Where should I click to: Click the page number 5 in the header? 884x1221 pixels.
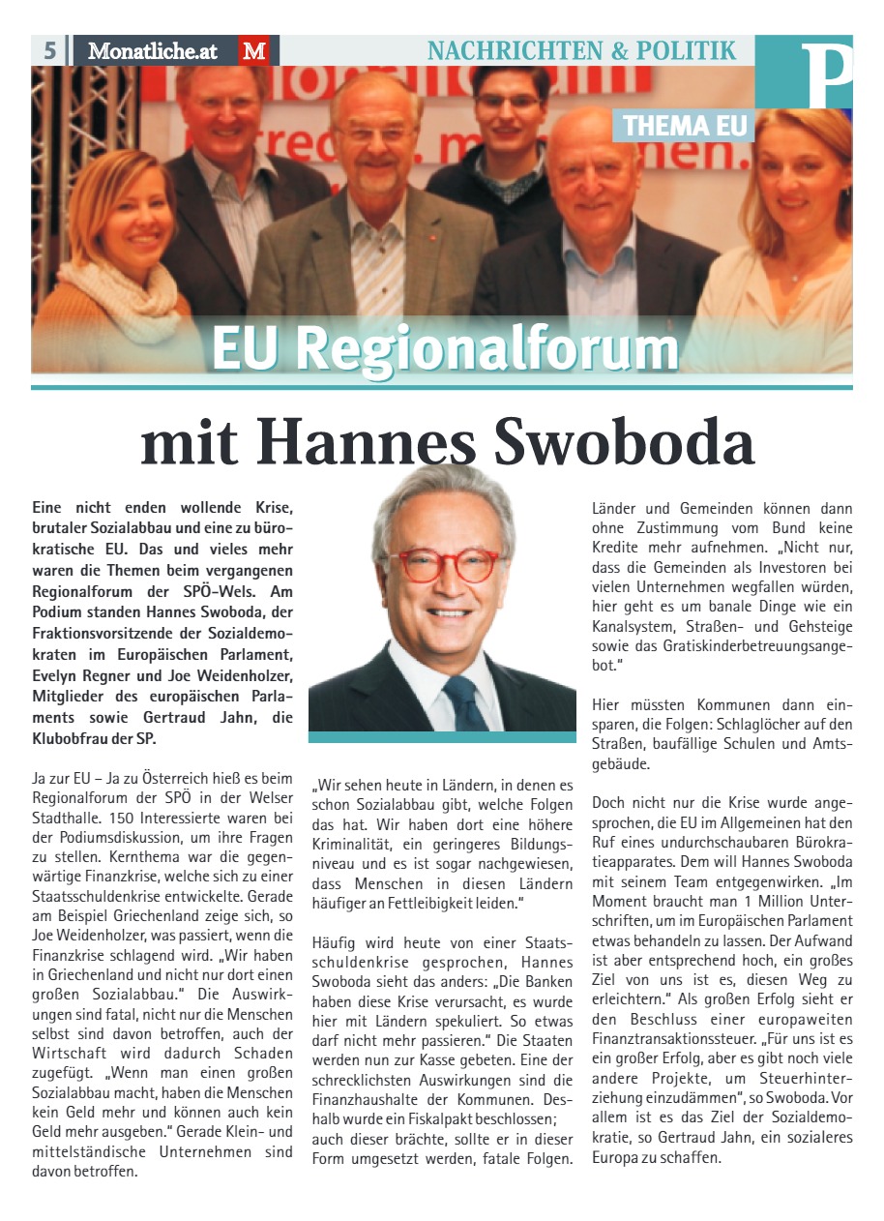click(49, 50)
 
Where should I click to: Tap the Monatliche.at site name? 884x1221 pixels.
click(153, 50)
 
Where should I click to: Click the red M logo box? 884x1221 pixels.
click(254, 50)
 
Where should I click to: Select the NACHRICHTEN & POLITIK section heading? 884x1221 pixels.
click(581, 50)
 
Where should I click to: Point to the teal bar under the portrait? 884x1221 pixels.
click(442, 737)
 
